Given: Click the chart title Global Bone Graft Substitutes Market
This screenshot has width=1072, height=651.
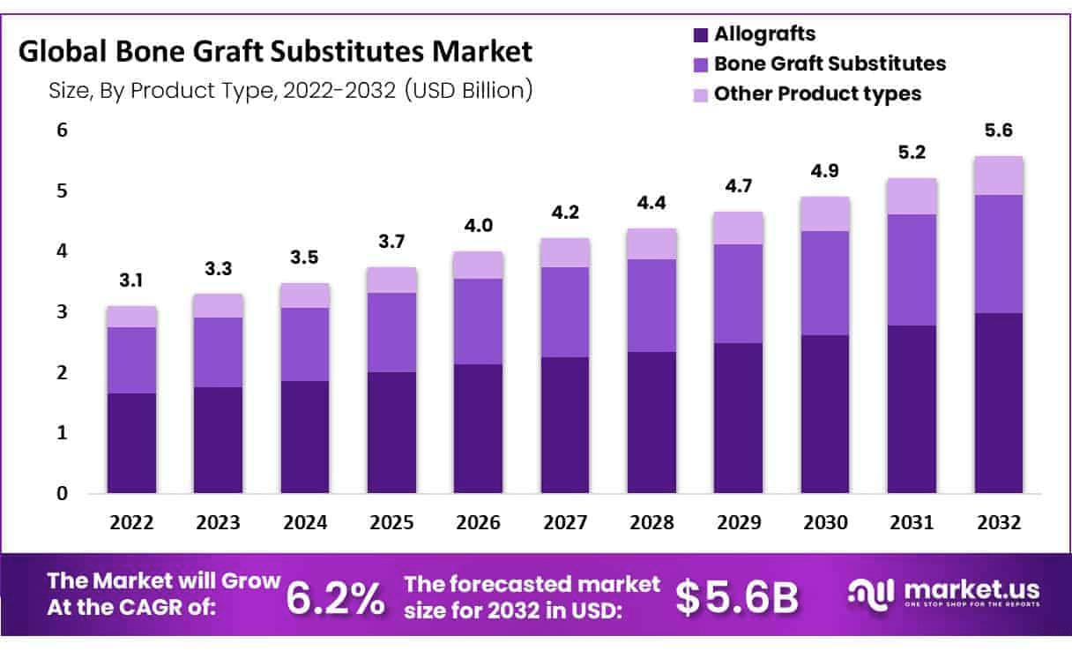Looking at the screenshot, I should tap(275, 52).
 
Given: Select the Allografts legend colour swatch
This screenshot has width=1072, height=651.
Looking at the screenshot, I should tap(701, 35).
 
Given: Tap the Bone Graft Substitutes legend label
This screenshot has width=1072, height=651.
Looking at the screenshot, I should tap(829, 64).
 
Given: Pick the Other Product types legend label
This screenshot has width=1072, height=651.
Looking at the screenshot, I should tap(816, 93).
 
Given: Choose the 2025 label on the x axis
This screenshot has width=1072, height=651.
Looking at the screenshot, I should tap(391, 522).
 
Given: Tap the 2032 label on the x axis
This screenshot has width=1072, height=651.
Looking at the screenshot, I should tap(998, 522).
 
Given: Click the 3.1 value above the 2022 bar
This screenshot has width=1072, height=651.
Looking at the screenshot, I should tap(131, 281).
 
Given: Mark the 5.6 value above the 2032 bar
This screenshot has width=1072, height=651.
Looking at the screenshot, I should tap(998, 131).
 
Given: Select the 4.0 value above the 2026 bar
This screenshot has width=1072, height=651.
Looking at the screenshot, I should tap(478, 226).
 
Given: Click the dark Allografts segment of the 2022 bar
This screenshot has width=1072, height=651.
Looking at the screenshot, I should tap(131, 443).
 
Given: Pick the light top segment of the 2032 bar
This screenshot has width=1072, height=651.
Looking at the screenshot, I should tap(998, 176).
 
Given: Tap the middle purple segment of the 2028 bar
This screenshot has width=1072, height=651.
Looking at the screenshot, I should tap(651, 305).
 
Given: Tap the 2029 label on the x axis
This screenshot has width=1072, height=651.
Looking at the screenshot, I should tap(738, 522).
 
